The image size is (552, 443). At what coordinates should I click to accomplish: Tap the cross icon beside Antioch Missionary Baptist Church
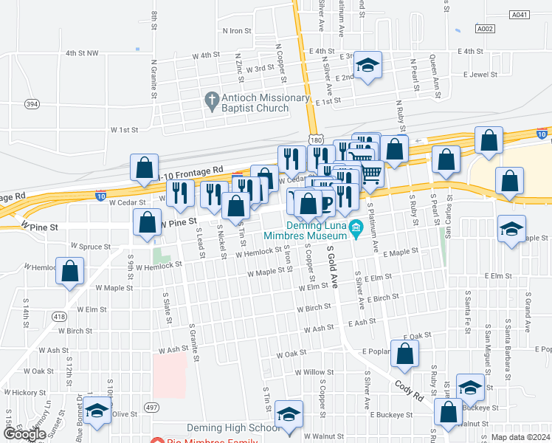[211, 99]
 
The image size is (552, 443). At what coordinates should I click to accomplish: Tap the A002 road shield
[485, 29]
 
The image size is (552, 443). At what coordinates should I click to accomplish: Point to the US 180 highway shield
[315, 140]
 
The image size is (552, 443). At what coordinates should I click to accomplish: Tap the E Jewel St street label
[480, 75]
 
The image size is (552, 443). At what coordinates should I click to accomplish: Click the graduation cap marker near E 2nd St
[367, 64]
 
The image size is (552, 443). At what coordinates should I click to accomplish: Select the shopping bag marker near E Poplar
[405, 354]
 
